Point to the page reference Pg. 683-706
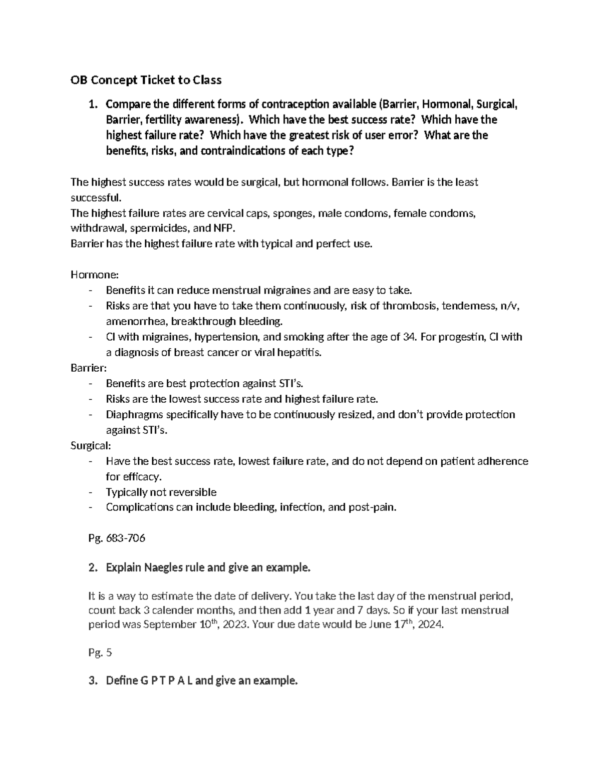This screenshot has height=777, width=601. click(x=116, y=538)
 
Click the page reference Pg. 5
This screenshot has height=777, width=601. click(x=96, y=652)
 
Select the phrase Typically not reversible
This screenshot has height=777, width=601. click(x=161, y=492)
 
